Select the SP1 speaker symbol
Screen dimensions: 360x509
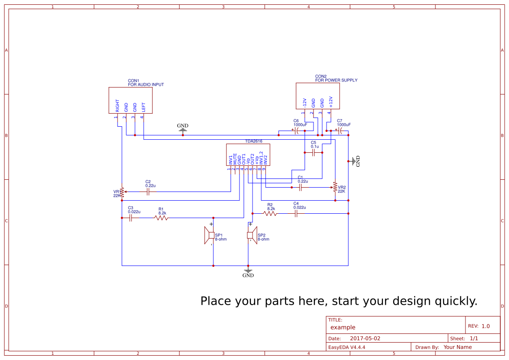click(209, 235)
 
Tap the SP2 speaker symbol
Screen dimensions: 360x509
click(252, 235)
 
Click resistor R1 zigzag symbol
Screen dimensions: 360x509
click(161, 218)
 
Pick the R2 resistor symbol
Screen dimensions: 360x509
click(270, 213)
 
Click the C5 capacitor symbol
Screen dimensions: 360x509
click(313, 152)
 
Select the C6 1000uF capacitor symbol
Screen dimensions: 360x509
click(296, 131)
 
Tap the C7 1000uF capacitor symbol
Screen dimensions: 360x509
click(340, 131)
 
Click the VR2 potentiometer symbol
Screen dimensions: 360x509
click(335, 187)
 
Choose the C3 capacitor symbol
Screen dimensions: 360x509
click(131, 218)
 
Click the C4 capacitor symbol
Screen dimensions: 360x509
click(296, 213)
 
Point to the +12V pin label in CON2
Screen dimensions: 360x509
click(331, 101)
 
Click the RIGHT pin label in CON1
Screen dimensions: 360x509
click(118, 106)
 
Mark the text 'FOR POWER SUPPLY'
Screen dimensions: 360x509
click(337, 81)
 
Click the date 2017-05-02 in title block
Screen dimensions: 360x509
click(365, 338)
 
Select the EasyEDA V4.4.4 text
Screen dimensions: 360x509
click(347, 347)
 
